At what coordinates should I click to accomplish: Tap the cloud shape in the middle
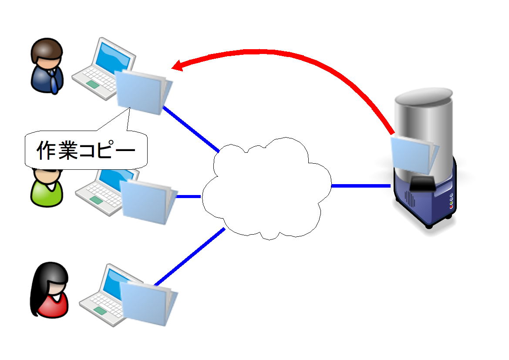(x=266, y=189)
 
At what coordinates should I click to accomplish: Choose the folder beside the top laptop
(x=142, y=91)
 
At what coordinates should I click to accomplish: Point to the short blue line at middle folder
(x=188, y=196)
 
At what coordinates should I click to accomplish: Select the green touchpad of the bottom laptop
(x=100, y=310)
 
